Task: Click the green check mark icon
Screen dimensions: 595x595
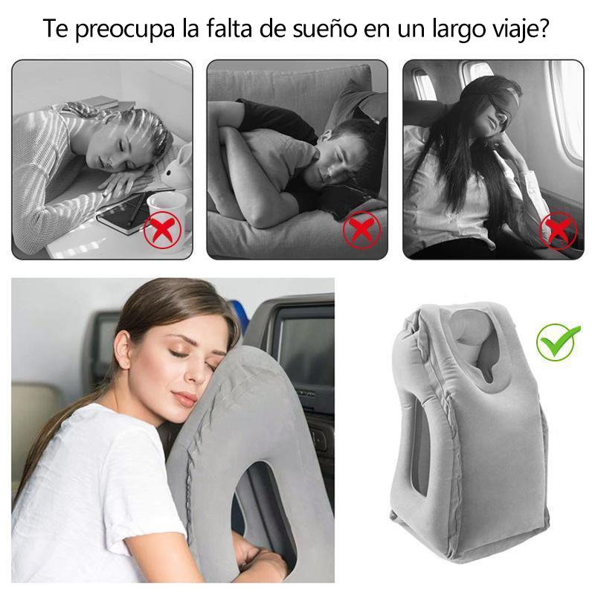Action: point(557,341)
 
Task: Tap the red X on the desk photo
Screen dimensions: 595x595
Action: point(162,231)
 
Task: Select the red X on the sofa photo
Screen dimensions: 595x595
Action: point(361,230)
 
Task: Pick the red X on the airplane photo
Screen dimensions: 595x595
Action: point(559,231)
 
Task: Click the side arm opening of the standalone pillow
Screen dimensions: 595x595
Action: point(420,447)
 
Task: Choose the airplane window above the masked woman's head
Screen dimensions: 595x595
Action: point(476,70)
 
